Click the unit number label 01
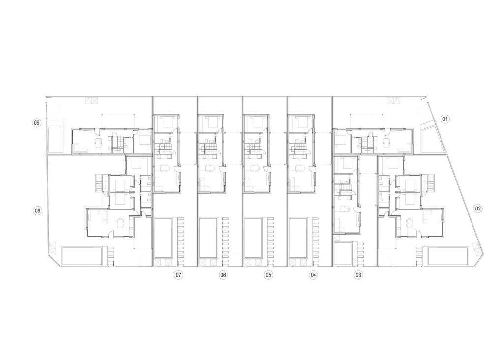pyautogui.click(x=445, y=119)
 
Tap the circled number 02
pyautogui.click(x=478, y=208)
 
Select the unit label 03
pyautogui.click(x=358, y=275)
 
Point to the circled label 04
pyautogui.click(x=313, y=275)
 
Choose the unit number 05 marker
pyautogui.click(x=268, y=275)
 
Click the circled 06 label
pyautogui.click(x=223, y=275)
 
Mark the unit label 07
pyautogui.click(x=179, y=275)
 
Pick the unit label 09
pyautogui.click(x=36, y=122)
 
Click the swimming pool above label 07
pyautogui.click(x=163, y=239)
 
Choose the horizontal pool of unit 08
pyautogui.click(x=83, y=256)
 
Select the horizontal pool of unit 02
pyautogui.click(x=447, y=256)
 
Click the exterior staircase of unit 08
pyautogui.click(x=100, y=183)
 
